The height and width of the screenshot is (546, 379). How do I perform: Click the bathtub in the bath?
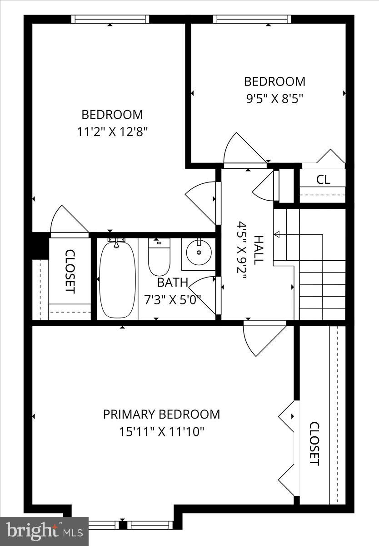tap(117, 279)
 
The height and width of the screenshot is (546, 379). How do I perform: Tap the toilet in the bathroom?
tap(159, 257)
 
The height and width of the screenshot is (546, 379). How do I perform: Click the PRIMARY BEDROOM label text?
tap(161, 415)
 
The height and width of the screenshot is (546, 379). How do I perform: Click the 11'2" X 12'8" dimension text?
tap(112, 132)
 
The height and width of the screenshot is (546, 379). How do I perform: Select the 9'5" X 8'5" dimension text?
tap(274, 98)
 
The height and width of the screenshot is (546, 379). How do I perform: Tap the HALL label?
tap(258, 250)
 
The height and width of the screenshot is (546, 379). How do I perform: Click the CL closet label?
tap(323, 179)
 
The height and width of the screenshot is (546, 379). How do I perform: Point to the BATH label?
tap(172, 283)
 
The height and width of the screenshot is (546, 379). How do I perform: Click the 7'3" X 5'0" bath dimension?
tap(172, 299)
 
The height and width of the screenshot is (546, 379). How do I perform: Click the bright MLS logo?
tap(44, 531)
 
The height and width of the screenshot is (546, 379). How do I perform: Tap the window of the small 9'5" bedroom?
tap(252, 19)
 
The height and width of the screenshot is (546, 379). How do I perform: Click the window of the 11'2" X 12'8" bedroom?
tap(110, 19)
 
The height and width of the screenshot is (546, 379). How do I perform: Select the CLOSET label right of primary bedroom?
tap(314, 444)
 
